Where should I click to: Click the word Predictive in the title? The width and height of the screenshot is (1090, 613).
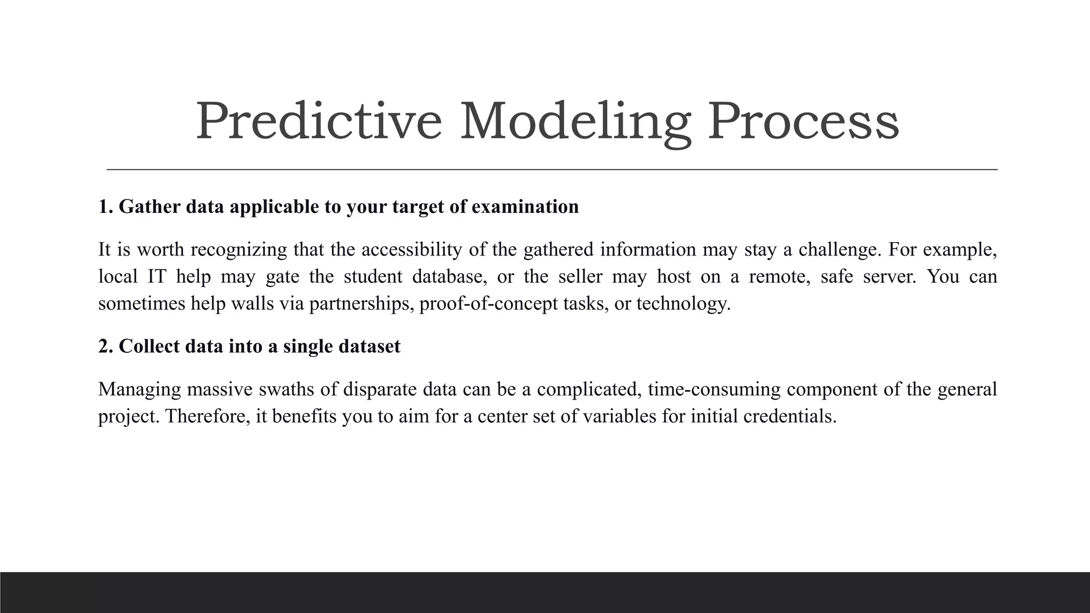point(319,122)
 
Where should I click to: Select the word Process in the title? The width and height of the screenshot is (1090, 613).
point(803,122)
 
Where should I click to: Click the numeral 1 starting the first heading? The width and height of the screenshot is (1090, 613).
point(104,206)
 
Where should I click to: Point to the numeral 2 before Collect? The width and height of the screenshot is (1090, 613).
point(104,346)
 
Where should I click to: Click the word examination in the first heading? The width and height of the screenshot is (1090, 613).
point(525,206)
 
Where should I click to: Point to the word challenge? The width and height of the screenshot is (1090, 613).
point(839,250)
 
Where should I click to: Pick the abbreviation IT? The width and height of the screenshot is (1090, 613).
point(157,277)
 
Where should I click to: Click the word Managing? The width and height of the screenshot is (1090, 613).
point(139,390)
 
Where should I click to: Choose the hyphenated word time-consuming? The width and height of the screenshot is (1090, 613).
point(714,390)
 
